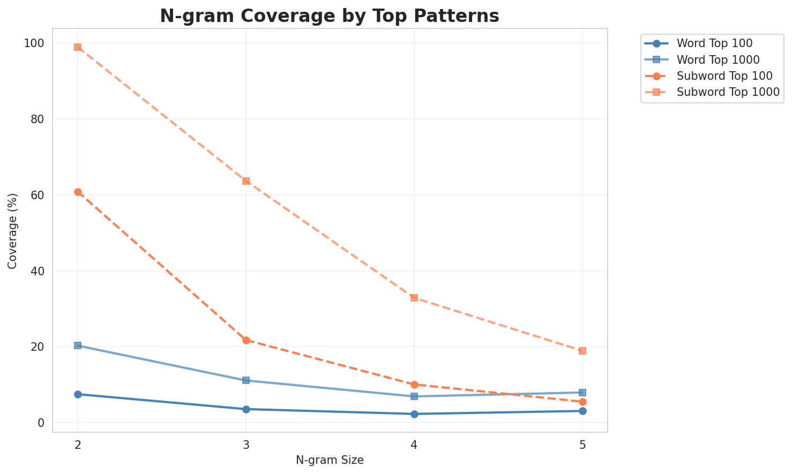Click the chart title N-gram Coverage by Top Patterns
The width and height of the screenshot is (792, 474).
pos(330,16)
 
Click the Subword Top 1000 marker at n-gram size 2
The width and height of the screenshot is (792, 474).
pos(78,47)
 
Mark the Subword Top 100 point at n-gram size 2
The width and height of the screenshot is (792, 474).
pos(78,192)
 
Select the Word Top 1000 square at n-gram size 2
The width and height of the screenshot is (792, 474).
pos(78,345)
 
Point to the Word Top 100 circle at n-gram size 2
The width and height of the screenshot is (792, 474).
pos(78,394)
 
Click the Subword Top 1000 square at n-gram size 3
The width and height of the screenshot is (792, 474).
pos(246,181)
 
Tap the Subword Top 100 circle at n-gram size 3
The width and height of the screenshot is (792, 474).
pos(246,340)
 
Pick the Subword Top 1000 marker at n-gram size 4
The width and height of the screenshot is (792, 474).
pos(414,298)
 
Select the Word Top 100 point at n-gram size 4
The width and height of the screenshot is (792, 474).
pos(414,414)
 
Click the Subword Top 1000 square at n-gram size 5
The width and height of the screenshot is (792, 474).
pos(582,351)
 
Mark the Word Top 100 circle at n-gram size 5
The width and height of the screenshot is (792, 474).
pos(582,411)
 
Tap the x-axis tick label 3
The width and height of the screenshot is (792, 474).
pos(246,444)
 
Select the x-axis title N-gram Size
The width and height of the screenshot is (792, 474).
pos(330,460)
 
